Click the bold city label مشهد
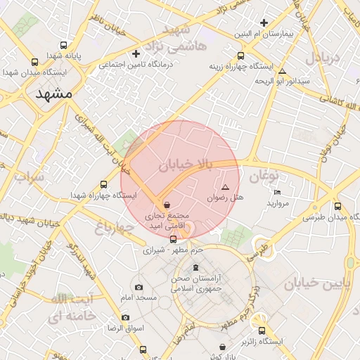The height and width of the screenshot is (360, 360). (53, 94)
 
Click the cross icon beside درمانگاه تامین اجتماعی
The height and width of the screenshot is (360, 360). (137, 53)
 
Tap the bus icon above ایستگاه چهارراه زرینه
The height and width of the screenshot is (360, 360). (241, 56)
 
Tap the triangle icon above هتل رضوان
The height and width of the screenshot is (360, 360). (225, 188)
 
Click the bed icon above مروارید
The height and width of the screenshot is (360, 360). (277, 193)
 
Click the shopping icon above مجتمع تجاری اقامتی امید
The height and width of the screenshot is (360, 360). (167, 204)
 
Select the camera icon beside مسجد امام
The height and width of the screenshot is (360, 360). (139, 287)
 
